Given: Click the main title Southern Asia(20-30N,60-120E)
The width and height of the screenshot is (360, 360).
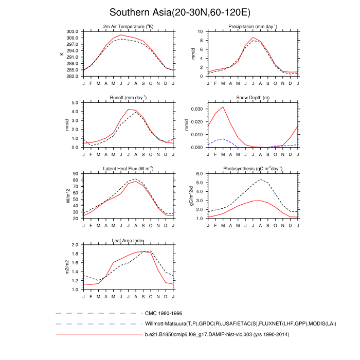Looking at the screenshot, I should tap(179, 12).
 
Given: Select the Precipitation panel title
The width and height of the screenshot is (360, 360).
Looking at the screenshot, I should tap(253, 26).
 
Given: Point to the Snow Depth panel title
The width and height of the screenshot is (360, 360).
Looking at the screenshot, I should tap(253, 97).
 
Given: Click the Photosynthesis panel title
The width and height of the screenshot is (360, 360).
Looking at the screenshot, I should tap(253, 169).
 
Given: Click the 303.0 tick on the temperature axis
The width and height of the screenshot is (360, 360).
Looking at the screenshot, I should tap(73, 31).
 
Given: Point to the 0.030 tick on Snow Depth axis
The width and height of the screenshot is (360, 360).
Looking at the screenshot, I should tap(196, 109).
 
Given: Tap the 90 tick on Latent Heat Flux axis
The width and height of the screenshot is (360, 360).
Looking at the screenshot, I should tap(75, 174).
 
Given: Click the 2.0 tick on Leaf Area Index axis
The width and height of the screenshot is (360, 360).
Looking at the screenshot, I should tap(75, 245).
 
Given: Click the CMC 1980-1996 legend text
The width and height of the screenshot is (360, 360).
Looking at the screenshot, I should tap(164, 313).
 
